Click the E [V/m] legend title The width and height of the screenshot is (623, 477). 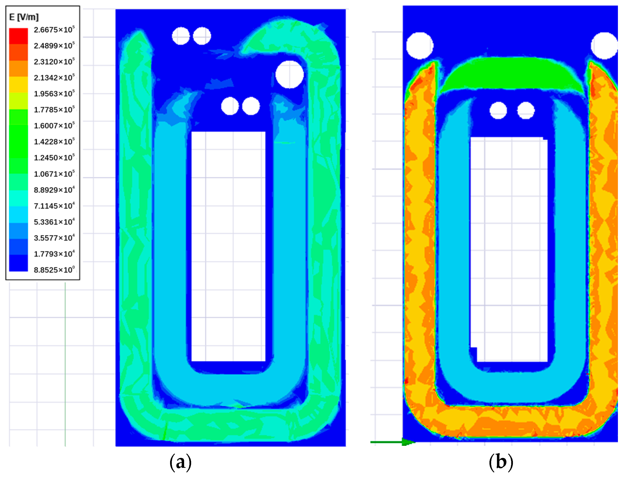click(x=24, y=17)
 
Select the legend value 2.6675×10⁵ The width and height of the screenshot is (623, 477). click(x=54, y=29)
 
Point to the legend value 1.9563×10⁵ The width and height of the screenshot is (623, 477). click(x=54, y=94)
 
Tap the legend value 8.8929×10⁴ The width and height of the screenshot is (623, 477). click(x=54, y=190)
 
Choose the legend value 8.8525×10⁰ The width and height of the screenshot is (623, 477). click(x=54, y=270)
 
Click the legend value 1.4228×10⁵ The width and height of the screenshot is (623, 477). click(x=54, y=141)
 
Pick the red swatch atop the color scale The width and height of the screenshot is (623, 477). click(x=18, y=36)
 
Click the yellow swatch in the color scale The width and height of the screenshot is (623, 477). click(x=18, y=84)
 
